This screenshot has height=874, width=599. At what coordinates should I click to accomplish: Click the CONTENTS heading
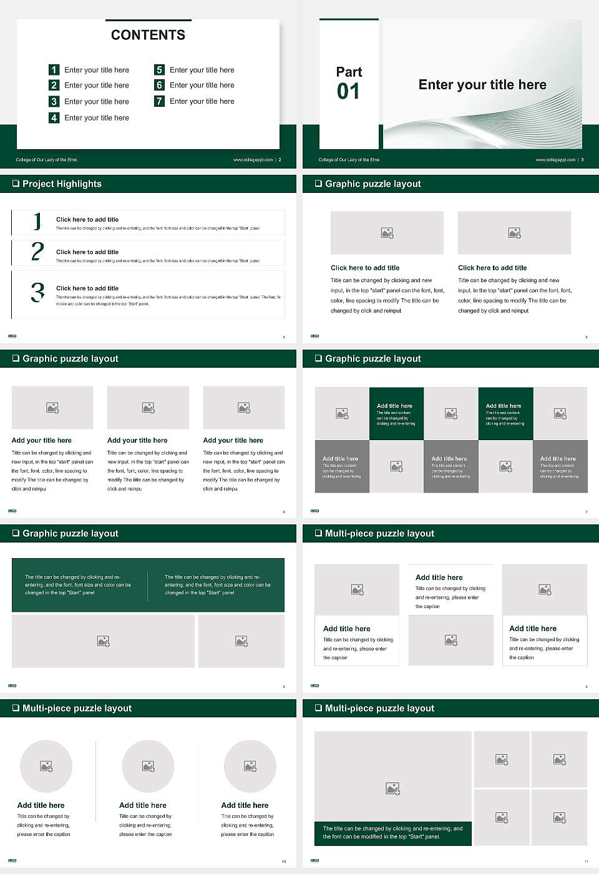[148, 35]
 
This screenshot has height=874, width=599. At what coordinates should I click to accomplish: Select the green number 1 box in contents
[54, 70]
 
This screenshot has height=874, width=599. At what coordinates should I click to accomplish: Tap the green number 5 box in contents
[160, 70]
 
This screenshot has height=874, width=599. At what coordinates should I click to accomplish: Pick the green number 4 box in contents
[54, 117]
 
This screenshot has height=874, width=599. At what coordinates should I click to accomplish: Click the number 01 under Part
[348, 92]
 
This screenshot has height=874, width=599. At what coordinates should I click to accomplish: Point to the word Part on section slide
[349, 72]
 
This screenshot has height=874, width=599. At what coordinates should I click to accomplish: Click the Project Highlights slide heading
[62, 184]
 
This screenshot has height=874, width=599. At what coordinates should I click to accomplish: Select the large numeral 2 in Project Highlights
[37, 252]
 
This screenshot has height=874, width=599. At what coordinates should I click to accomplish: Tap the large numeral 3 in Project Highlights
[37, 292]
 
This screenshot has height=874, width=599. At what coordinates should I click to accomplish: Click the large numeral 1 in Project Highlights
[37, 221]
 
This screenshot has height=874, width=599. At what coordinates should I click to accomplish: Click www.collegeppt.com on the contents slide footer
[253, 160]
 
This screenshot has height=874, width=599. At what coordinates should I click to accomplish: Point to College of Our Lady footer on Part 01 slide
[349, 160]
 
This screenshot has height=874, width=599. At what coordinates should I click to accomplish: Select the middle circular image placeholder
[148, 766]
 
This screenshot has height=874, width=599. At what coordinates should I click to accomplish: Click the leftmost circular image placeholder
[46, 766]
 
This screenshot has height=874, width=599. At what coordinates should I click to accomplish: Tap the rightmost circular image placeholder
[250, 766]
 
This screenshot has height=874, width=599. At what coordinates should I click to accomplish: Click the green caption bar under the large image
[392, 833]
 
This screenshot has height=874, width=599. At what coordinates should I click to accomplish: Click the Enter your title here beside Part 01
[482, 85]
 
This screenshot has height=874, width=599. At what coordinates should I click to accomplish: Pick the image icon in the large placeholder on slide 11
[392, 789]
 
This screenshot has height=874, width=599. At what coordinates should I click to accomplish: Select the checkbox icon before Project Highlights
[16, 184]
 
